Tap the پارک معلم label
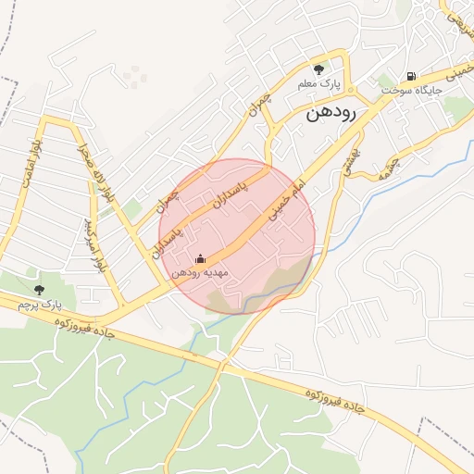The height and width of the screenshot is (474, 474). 318,84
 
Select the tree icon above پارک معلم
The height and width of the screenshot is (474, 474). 319,69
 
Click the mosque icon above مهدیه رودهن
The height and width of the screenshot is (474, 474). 200,260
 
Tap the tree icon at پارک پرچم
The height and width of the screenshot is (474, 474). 38,290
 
